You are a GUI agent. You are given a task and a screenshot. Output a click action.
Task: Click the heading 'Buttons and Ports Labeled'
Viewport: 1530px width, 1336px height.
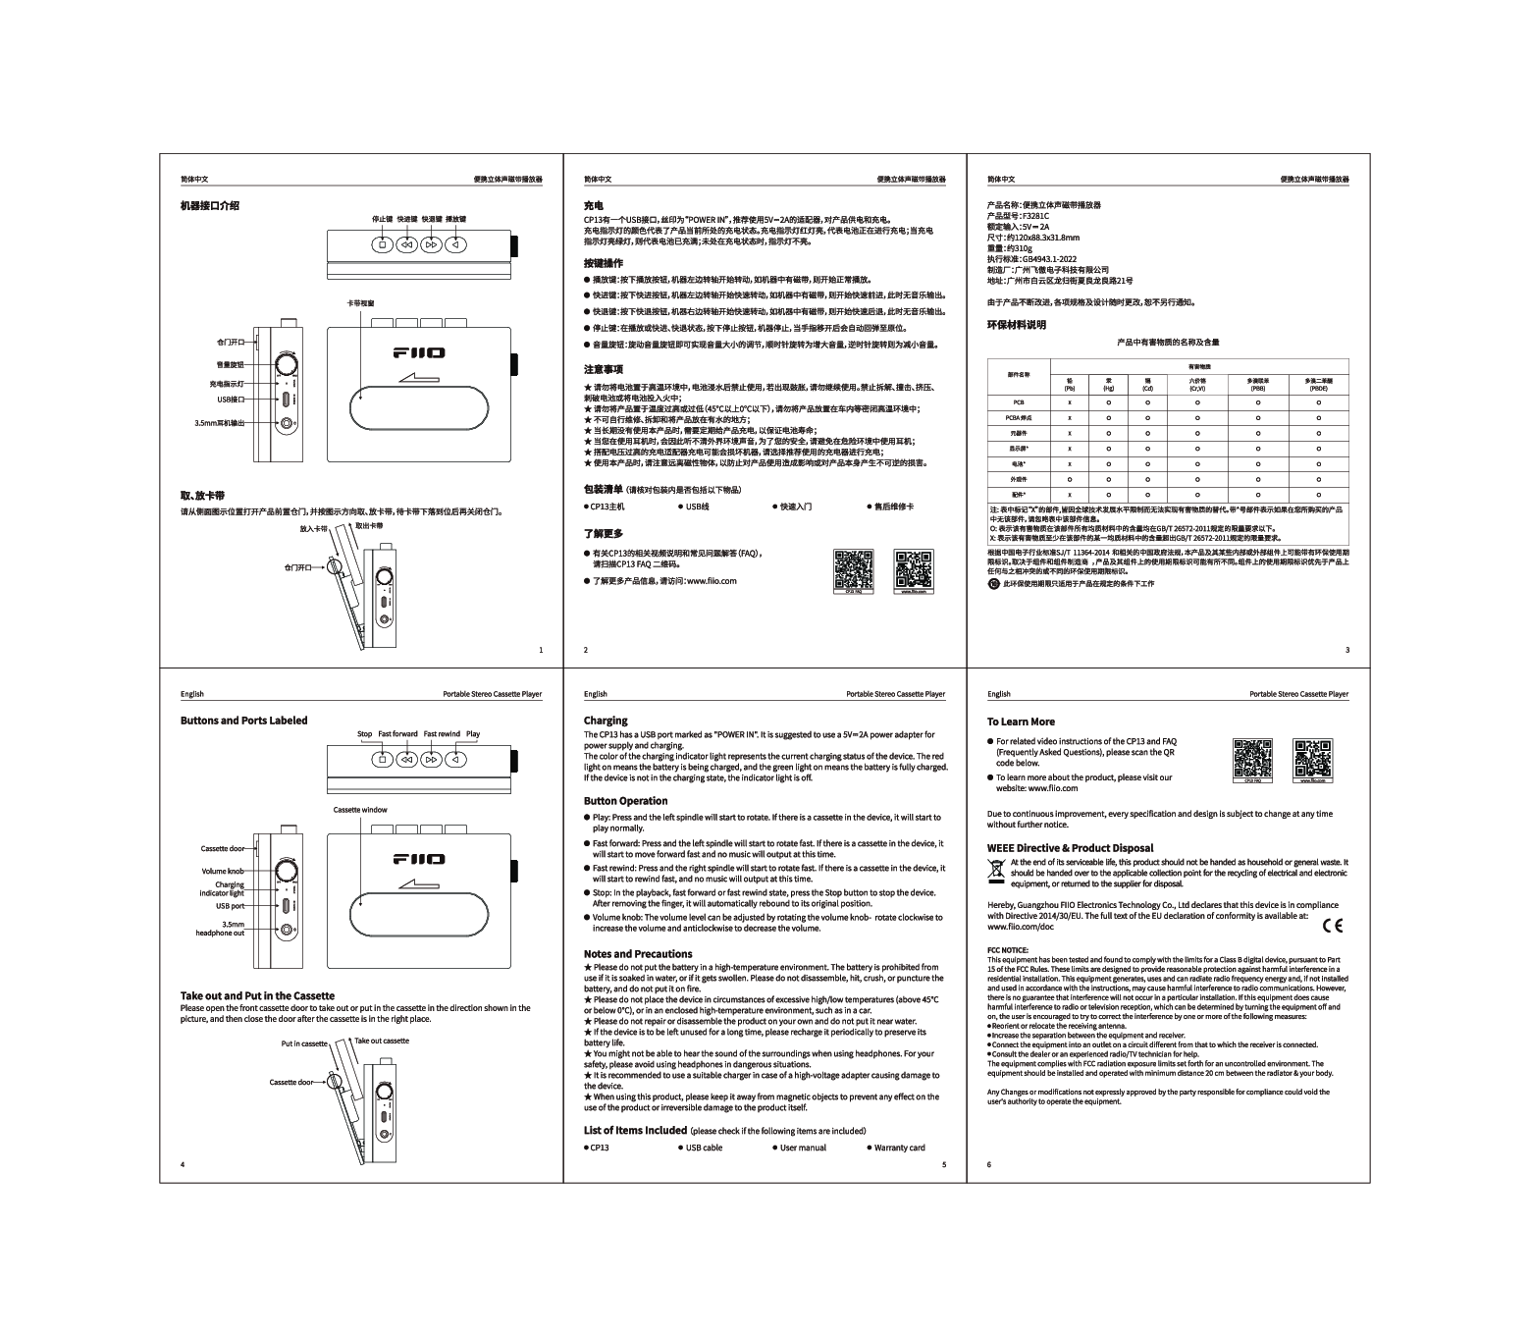[243, 721]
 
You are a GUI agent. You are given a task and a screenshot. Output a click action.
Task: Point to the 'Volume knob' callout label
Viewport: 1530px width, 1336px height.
[223, 871]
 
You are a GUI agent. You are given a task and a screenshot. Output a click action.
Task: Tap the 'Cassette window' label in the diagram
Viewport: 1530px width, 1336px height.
[360, 810]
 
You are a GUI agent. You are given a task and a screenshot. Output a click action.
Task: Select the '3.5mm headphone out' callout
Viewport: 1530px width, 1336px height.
[221, 929]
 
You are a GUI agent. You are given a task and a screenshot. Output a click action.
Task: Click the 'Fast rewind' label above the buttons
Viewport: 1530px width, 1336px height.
[442, 734]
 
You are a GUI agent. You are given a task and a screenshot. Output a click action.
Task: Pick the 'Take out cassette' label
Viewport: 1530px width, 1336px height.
[382, 1041]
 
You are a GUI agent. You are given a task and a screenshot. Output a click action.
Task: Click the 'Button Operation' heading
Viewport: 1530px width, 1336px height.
[625, 801]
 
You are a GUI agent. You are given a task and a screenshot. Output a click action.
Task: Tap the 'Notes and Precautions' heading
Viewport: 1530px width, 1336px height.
[638, 954]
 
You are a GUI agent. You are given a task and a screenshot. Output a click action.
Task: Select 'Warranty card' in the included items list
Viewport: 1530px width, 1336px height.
[899, 1148]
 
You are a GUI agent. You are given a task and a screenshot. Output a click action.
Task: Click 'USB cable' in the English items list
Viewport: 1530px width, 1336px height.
[704, 1148]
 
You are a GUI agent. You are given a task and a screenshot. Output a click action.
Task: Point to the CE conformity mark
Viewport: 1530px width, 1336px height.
[1332, 925]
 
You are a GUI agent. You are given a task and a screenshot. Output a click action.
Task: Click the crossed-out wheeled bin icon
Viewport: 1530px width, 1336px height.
[996, 868]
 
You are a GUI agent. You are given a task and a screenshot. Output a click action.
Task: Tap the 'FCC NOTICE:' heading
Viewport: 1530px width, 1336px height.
[1007, 949]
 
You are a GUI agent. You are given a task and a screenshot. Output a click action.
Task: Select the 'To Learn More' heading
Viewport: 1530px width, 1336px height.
[1021, 721]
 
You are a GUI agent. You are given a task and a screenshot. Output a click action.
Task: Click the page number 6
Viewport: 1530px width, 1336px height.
[989, 1164]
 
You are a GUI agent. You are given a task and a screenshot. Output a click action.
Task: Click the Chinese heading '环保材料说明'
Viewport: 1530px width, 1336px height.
[1017, 325]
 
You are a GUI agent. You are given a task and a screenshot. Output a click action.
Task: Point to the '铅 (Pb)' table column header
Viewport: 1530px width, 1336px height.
[1070, 384]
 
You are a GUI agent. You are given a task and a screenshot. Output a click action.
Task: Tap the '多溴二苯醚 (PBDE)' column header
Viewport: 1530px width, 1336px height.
[1318, 384]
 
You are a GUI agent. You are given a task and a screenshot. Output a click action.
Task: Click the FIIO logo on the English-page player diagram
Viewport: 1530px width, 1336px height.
[419, 859]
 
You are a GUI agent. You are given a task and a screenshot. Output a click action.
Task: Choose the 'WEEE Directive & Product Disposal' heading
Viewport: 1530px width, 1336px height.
[1070, 848]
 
